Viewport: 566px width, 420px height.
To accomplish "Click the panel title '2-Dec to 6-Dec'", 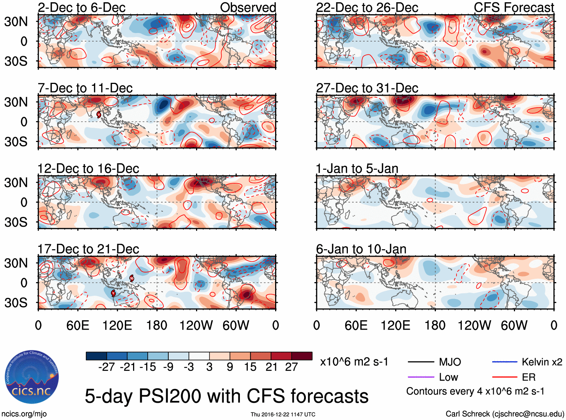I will click(82, 7).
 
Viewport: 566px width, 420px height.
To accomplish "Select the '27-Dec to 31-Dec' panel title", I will click(367, 88).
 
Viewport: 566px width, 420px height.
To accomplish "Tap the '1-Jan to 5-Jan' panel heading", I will click(357, 169).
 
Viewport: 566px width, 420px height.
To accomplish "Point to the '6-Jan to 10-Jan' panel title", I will click(361, 249).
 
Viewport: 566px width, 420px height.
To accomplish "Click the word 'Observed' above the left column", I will click(248, 7).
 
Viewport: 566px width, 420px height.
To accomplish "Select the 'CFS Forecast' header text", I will click(514, 7).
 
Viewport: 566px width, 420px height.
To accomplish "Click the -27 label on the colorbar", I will click(106, 367).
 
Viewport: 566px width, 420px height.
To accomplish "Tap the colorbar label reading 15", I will click(250, 367).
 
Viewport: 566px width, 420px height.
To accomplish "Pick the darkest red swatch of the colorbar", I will click(302, 356).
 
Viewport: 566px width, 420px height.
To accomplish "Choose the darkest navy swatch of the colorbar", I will click(96, 356).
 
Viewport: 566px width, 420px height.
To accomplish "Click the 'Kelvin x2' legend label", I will click(542, 362).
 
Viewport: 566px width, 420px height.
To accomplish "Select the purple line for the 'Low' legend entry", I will click(421, 377).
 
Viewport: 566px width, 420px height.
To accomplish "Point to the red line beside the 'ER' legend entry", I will click(505, 377).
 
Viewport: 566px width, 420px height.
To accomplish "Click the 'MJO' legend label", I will click(450, 362).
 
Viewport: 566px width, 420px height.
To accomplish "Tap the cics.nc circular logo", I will click(32, 377).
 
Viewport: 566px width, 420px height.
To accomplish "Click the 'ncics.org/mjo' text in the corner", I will click(24, 414).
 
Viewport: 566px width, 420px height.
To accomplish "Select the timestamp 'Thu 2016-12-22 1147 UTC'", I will click(283, 414).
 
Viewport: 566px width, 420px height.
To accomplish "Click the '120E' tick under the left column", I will click(117, 325).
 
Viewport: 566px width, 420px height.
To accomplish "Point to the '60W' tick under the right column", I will click(514, 325).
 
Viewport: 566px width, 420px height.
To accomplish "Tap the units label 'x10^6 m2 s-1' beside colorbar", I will click(354, 362).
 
